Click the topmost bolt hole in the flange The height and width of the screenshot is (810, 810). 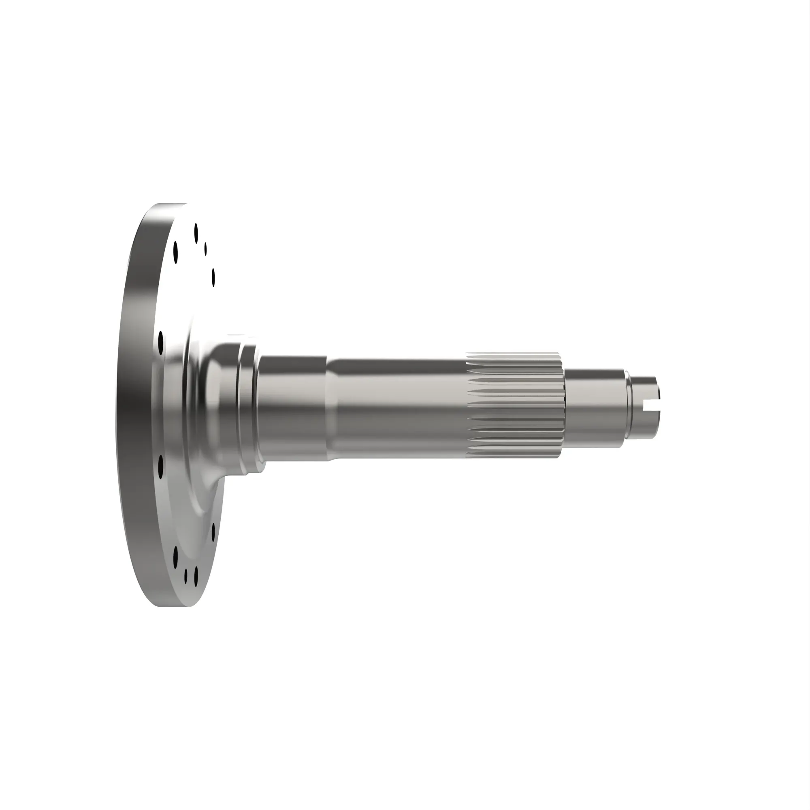click(196, 233)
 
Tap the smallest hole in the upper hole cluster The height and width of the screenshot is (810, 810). click(205, 249)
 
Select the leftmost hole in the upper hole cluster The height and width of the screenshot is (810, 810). click(176, 252)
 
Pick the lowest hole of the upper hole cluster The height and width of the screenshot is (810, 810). click(213, 277)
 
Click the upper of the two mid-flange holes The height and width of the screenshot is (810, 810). click(160, 343)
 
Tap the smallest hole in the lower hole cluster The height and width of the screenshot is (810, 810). click(186, 576)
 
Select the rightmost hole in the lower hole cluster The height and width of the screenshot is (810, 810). click(213, 532)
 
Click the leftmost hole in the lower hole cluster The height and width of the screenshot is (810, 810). click(176, 557)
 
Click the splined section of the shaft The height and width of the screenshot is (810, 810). click(514, 405)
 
